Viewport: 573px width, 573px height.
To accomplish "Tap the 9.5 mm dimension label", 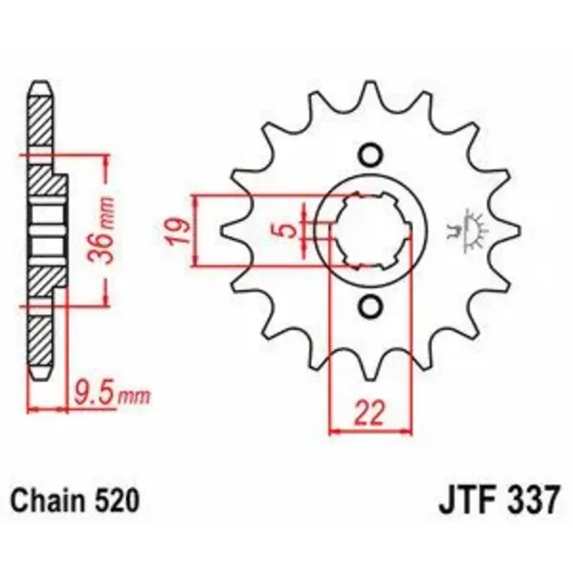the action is pos(112,393).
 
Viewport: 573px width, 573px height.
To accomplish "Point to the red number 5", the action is pos(289,231).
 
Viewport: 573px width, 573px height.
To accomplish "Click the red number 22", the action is pos(370,413).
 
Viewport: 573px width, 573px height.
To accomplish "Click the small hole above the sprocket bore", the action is pos(370,155).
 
